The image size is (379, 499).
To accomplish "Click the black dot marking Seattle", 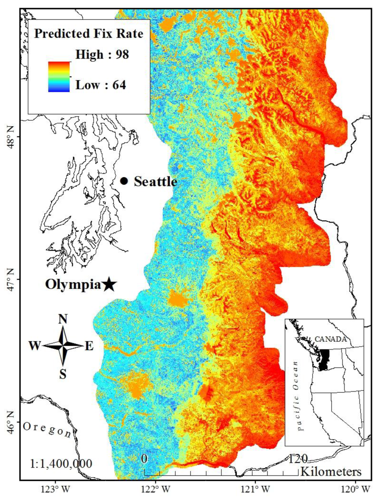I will point(124,181).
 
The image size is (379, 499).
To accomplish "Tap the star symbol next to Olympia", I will point(109,284).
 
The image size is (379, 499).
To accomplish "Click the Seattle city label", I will point(155,181).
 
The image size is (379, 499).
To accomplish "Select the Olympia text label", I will point(73,284).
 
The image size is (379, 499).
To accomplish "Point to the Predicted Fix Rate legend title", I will point(88,34).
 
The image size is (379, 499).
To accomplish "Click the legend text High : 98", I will point(102,54).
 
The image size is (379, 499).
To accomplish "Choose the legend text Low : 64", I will point(101,85).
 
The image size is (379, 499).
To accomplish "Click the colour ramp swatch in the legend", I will point(59,77).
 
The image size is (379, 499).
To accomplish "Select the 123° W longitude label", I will point(56,489).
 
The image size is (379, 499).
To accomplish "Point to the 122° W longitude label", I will point(156,489).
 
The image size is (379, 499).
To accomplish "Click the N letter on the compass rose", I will point(63,319).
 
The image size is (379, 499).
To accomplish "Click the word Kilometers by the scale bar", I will point(331,472).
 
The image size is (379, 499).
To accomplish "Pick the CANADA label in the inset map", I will point(331,339).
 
